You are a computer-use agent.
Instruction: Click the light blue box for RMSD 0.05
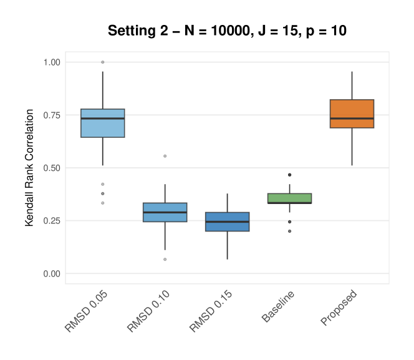[x=103, y=123]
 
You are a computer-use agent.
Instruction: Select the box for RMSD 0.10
[x=165, y=212]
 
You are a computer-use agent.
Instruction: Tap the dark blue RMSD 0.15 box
[x=227, y=221]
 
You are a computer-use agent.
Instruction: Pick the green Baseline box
[x=289, y=198]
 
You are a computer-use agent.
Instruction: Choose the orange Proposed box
[x=352, y=114]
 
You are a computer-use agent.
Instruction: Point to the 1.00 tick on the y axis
[x=52, y=62]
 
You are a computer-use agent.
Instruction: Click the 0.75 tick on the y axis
[x=52, y=115]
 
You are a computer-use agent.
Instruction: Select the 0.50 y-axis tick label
[x=52, y=168]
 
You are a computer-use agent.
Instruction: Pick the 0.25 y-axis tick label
[x=52, y=221]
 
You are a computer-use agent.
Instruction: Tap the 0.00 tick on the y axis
[x=52, y=274]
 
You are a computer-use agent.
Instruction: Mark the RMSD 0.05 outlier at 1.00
[x=103, y=62]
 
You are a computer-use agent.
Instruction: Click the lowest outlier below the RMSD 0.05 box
[x=103, y=203]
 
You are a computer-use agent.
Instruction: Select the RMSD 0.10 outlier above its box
[x=165, y=156]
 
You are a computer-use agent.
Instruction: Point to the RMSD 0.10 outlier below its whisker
[x=165, y=259]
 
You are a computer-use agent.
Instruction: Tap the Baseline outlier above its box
[x=289, y=175]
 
